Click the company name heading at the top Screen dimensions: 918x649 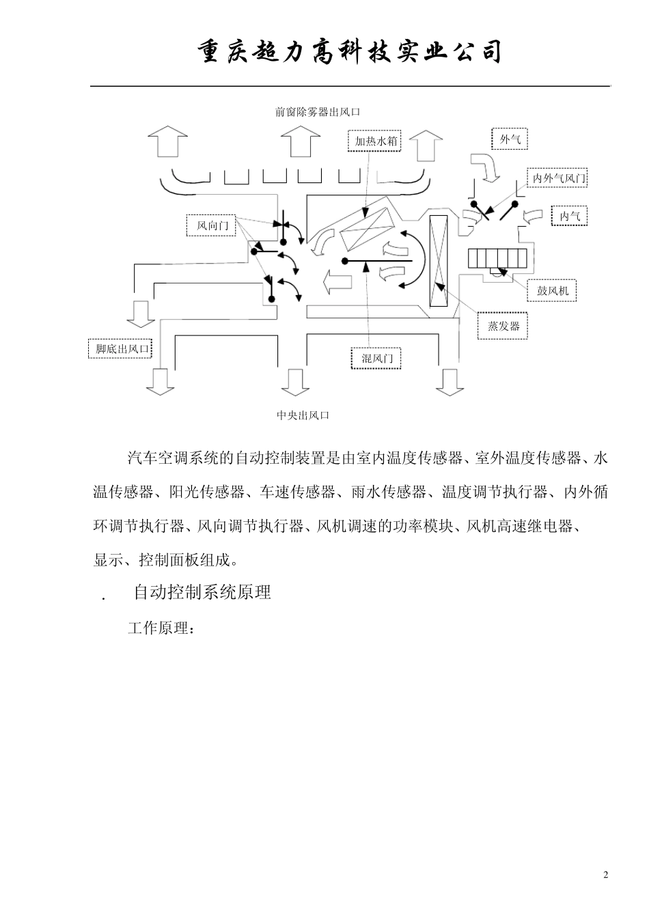click(350, 53)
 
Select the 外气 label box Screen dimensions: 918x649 click(510, 139)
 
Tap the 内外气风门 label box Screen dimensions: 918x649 click(559, 179)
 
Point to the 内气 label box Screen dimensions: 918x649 click(568, 217)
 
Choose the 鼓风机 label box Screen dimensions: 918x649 click(552, 291)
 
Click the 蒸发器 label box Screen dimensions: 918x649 click(503, 326)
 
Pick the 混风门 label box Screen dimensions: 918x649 click(376, 358)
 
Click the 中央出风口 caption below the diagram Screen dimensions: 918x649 click(303, 415)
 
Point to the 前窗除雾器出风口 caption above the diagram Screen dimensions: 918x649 click(318, 112)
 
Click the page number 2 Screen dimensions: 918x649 click(605, 876)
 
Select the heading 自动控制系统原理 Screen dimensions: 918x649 click(202, 592)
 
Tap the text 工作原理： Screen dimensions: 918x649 click(161, 628)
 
